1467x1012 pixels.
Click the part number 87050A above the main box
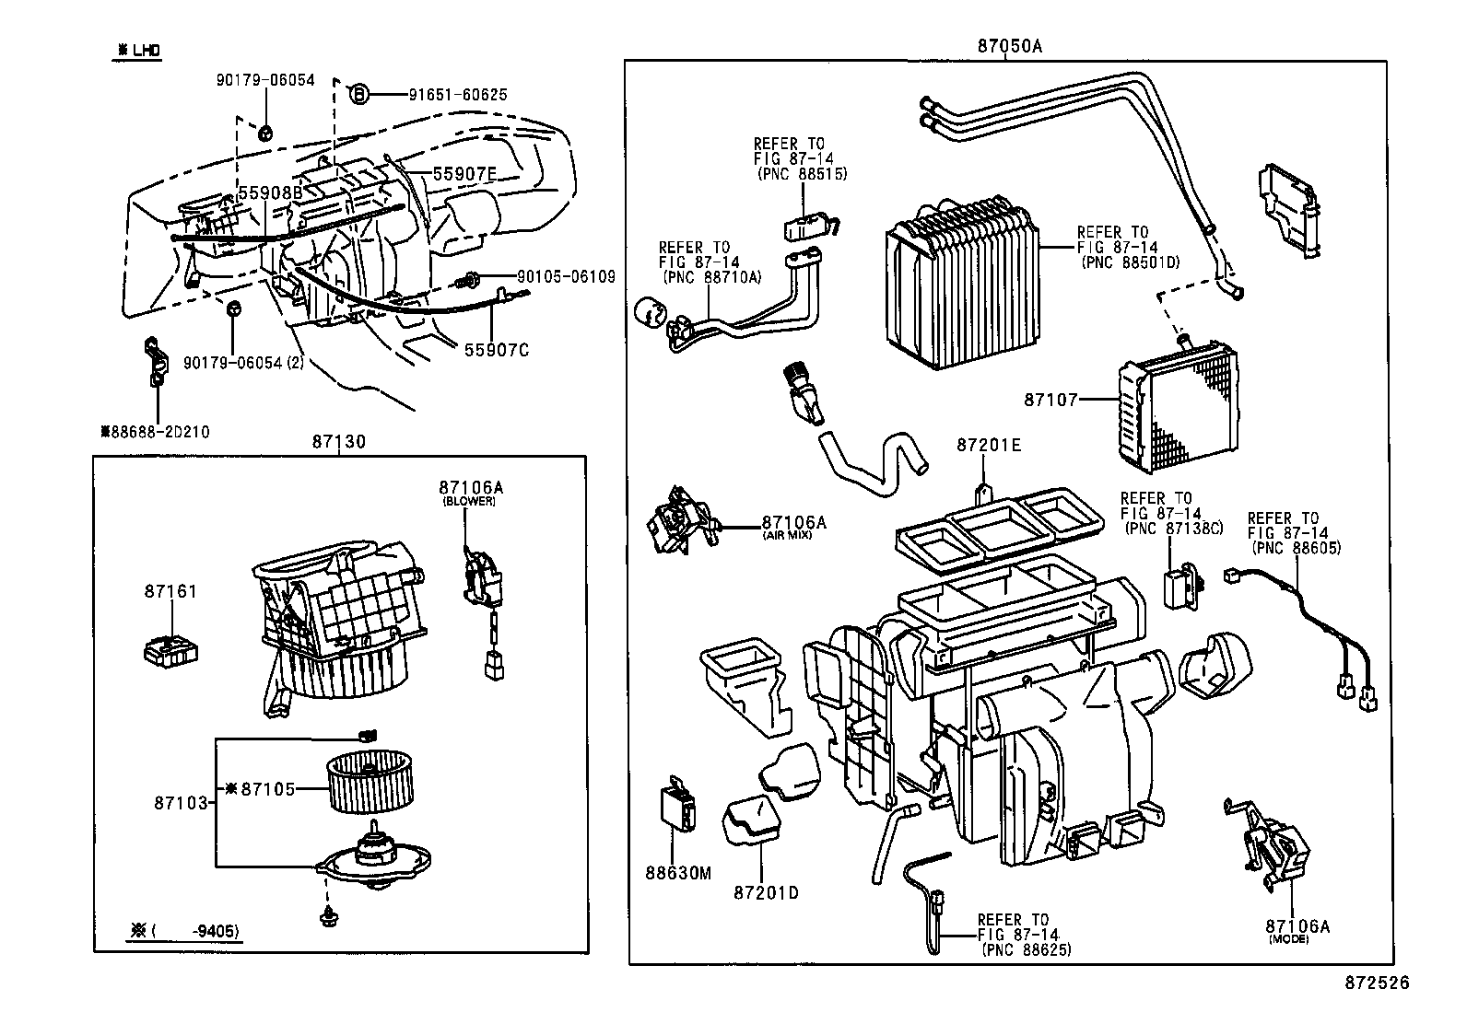pyautogui.click(x=1009, y=46)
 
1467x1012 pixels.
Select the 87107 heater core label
pyautogui.click(x=1050, y=400)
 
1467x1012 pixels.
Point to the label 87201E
pyautogui.click(x=988, y=445)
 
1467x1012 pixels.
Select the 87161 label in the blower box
pyautogui.click(x=170, y=591)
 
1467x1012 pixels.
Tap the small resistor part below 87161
pyautogui.click(x=170, y=650)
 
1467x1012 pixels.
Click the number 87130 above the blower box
pyautogui.click(x=338, y=442)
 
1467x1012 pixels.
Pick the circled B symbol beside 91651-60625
pyautogui.click(x=360, y=94)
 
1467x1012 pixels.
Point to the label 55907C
pyautogui.click(x=497, y=350)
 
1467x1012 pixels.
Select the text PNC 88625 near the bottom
pyautogui.click(x=1027, y=948)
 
